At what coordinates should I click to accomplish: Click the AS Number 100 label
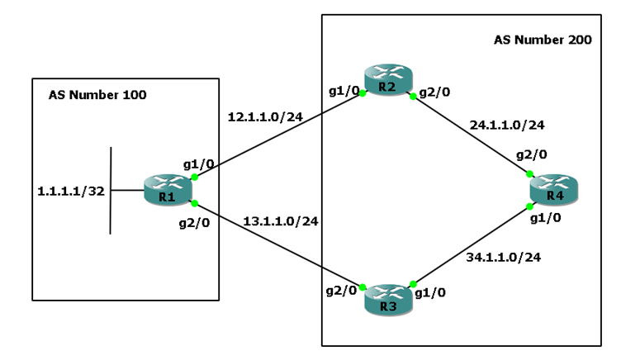tap(97, 95)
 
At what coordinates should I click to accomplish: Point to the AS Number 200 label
tap(543, 39)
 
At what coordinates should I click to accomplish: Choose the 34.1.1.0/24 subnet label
tap(505, 258)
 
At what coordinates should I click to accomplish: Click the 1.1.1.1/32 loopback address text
tap(70, 190)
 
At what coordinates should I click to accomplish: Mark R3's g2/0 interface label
tap(340, 291)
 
